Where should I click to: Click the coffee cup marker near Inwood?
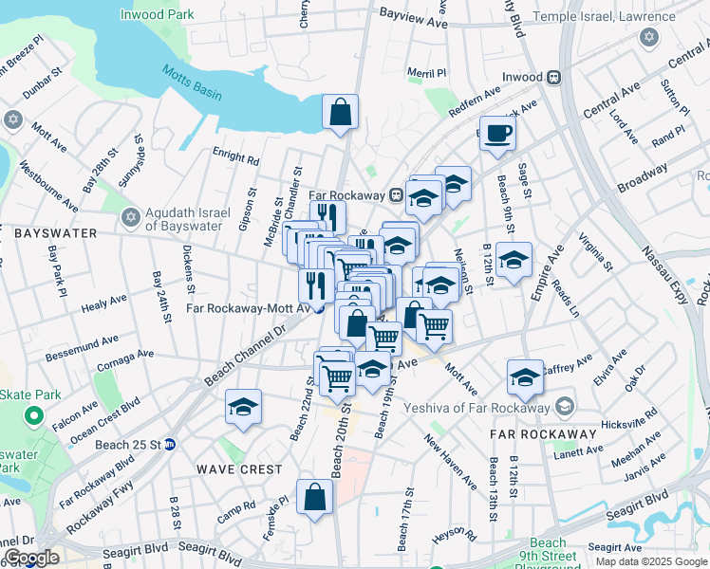pos(496,133)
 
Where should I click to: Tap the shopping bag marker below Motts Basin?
pos(340,112)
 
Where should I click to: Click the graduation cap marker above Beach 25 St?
pos(243,408)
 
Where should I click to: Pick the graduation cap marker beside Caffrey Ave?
pos(524,377)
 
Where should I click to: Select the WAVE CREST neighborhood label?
pos(239,469)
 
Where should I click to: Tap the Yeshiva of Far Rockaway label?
pos(483,408)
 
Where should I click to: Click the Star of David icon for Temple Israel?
pos(649,37)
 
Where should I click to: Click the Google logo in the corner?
pos(32,558)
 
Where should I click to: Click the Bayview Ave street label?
pos(413,20)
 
